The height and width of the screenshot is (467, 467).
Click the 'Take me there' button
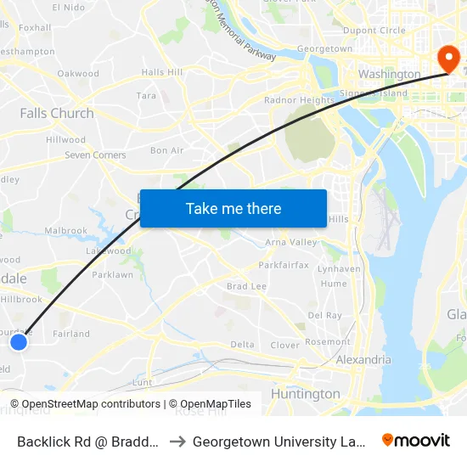233,208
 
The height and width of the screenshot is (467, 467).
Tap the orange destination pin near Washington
447,59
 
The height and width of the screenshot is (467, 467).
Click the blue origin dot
19,341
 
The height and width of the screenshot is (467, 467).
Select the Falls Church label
57,113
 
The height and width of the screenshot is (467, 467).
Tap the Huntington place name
305,394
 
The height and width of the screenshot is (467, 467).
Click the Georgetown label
324,49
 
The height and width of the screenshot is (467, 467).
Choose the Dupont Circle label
374,31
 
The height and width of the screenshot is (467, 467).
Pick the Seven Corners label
95,155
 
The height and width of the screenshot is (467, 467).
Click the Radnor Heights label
299,100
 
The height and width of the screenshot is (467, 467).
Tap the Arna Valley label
291,243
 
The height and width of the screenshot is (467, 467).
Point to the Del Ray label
324,315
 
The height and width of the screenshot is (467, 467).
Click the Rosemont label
328,342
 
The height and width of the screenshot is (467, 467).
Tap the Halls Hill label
162,73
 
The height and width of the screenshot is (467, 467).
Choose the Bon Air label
166,150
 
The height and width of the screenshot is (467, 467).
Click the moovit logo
415,441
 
